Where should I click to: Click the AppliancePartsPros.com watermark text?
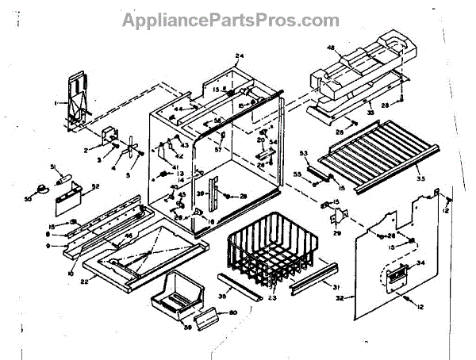point(229,20)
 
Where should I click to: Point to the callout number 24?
point(239,56)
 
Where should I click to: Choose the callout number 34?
point(420,262)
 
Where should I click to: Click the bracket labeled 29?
point(334,213)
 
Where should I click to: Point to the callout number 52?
point(95,188)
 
